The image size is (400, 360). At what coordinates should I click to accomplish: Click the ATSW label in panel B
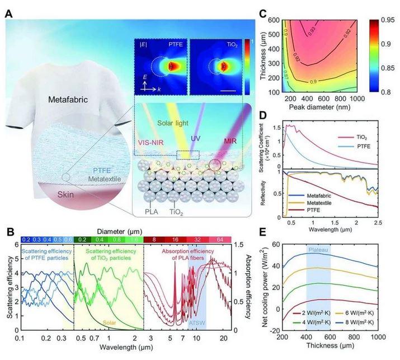click(195, 323)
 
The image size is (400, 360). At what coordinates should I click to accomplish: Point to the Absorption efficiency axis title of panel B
click(242, 286)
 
